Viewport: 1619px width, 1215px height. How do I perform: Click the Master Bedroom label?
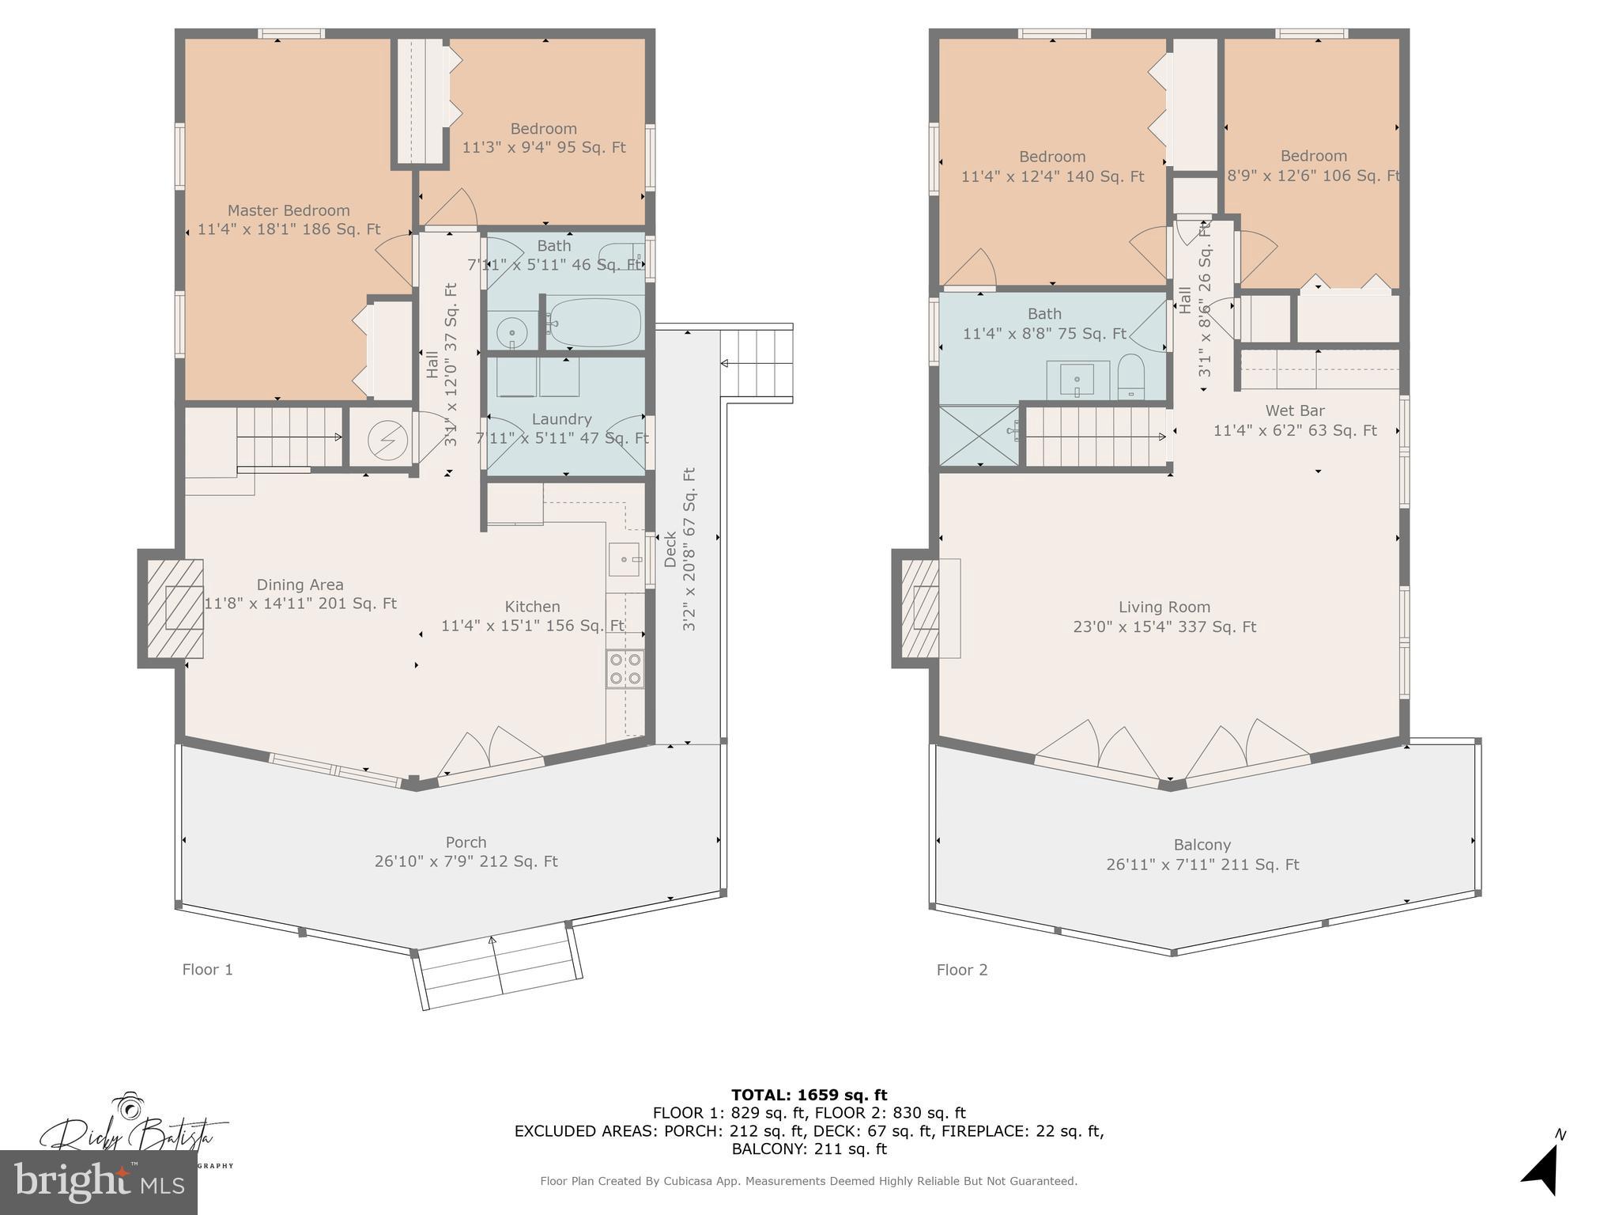[289, 211]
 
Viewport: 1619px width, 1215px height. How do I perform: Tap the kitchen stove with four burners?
[625, 668]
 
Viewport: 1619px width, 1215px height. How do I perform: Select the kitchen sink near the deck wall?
[625, 559]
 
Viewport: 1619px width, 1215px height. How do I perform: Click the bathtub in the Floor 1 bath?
[595, 323]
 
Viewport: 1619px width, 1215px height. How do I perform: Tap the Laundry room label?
[561, 419]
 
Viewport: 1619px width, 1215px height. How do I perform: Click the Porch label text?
[466, 842]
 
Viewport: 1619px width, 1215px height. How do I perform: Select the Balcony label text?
[1202, 845]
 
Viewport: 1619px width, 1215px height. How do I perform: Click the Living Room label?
[1164, 607]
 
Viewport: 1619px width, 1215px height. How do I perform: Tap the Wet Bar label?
[1294, 411]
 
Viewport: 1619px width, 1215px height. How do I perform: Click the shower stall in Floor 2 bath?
[979, 436]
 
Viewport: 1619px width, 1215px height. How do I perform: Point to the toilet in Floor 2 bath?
[1131, 377]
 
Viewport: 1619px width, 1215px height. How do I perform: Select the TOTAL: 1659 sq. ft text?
[809, 1095]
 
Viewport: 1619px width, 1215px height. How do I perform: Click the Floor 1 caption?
[207, 970]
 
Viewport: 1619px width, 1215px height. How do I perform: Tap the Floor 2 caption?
[962, 970]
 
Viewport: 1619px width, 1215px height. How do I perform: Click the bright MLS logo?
[99, 1183]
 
